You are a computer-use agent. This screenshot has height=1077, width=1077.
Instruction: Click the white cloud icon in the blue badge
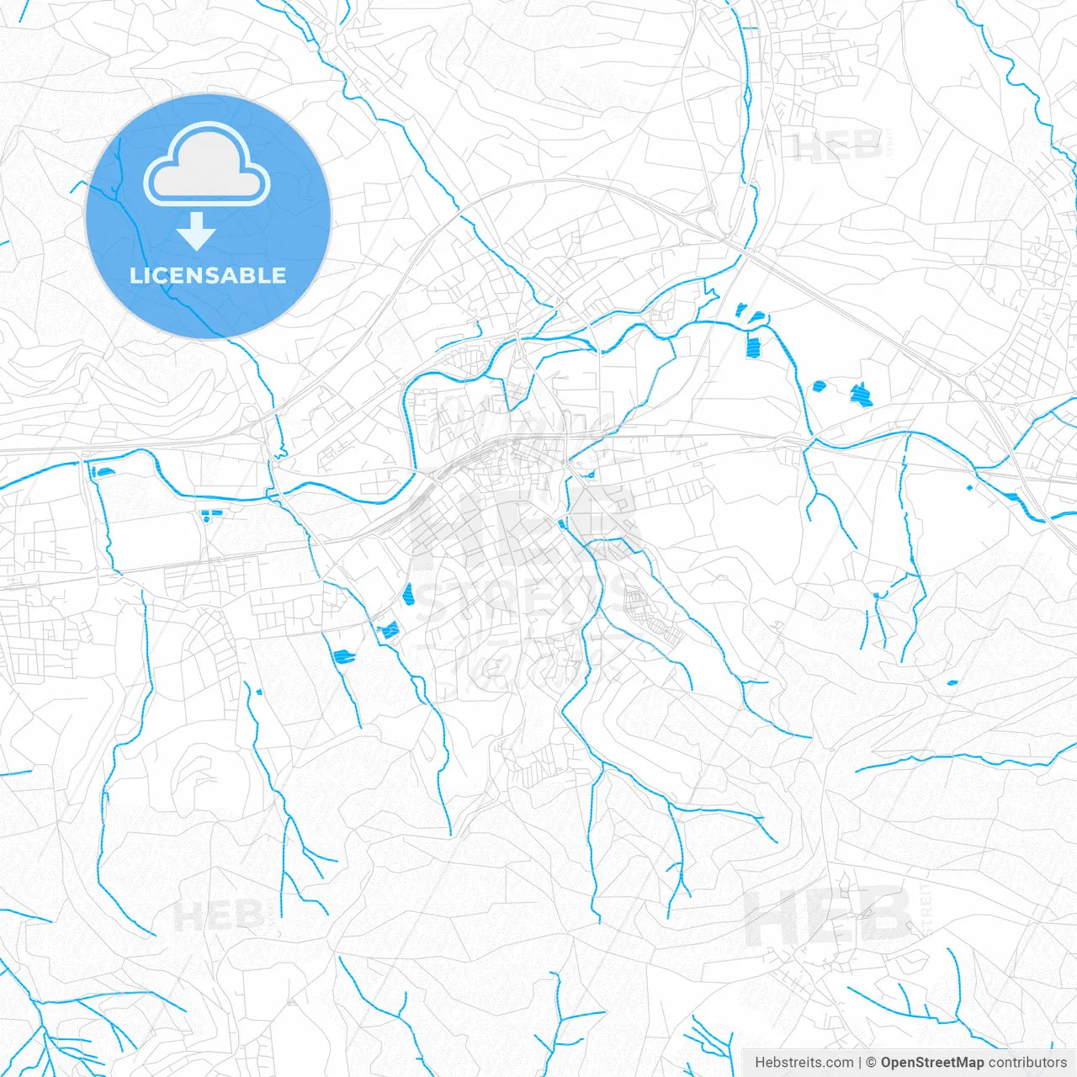tap(207, 164)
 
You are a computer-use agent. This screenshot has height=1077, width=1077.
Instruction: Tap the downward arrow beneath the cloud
tap(197, 231)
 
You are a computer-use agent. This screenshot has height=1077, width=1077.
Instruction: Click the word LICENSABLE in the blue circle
tap(208, 275)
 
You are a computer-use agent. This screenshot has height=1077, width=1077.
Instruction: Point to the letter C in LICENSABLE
tap(166, 275)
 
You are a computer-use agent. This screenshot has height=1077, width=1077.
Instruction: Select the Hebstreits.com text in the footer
tap(804, 1063)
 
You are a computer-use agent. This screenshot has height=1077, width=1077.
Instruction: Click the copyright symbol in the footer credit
tap(871, 1063)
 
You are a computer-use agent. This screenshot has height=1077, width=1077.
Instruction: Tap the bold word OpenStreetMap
tap(932, 1063)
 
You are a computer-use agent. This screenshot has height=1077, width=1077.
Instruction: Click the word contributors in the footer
tap(1027, 1063)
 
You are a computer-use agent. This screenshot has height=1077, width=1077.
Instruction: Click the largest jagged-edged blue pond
tap(859, 394)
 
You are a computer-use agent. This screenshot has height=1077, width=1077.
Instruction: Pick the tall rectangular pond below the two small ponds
tap(753, 345)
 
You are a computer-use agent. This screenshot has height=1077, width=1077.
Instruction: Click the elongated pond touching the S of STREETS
tap(409, 594)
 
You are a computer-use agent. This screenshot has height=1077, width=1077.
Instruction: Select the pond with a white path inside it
tap(389, 629)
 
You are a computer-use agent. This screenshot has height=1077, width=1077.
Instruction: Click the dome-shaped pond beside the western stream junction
tap(104, 471)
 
